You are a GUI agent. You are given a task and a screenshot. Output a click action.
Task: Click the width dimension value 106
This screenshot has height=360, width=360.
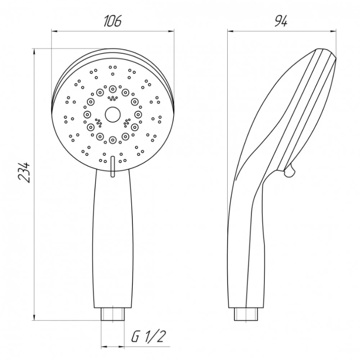[x=112, y=21]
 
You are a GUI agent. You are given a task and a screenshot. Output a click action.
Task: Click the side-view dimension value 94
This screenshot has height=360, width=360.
[x=281, y=21]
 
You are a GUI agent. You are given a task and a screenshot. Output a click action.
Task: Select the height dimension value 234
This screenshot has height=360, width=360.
[x=24, y=172]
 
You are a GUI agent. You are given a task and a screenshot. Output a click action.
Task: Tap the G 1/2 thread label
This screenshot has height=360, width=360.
[x=148, y=336]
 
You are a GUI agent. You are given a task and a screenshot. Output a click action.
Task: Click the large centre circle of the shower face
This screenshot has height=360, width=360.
[x=112, y=114]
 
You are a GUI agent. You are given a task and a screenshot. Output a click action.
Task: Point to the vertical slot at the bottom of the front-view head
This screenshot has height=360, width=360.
[x=112, y=167]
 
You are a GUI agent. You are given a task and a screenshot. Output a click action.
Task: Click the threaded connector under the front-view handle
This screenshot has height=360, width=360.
[x=113, y=314]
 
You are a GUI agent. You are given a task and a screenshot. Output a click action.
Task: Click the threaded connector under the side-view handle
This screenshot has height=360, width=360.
[x=246, y=314]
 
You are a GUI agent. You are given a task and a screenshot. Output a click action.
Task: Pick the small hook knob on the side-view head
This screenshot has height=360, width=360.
[x=290, y=170]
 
